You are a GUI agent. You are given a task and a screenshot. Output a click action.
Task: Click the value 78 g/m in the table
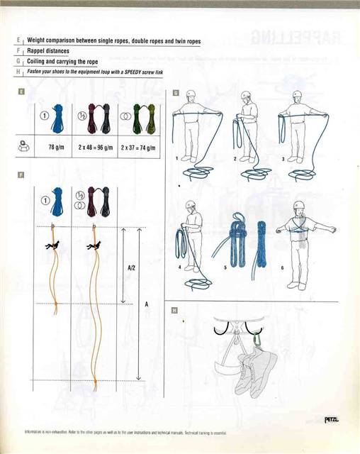[x=56, y=148]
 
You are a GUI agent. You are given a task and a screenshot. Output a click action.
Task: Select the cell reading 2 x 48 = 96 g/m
[x=96, y=148]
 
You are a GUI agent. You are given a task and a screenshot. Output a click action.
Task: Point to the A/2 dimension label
[x=131, y=267]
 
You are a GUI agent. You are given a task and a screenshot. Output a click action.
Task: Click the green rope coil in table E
[x=138, y=117]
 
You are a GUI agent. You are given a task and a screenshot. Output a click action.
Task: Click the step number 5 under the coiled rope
[x=225, y=267]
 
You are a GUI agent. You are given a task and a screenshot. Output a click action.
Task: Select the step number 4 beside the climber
[x=180, y=267]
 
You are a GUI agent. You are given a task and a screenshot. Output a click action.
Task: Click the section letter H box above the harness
[x=174, y=310]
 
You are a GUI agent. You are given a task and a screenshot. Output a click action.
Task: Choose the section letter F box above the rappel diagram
[x=23, y=174]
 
